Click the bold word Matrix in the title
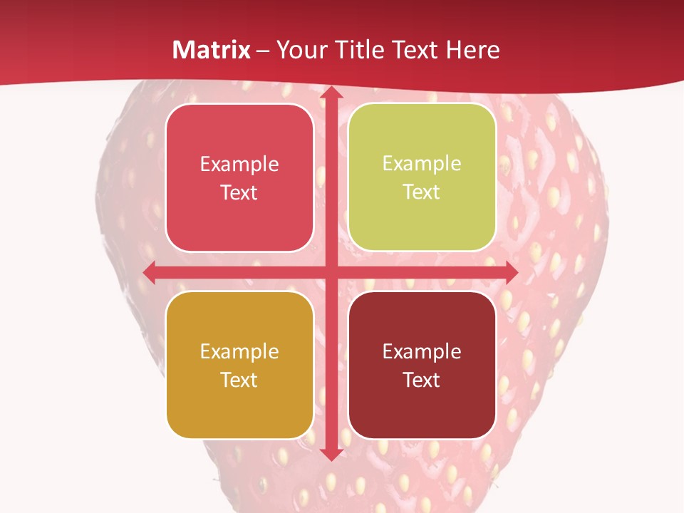tap(212, 50)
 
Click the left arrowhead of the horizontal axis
tap(150, 272)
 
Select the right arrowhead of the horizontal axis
tap(511, 272)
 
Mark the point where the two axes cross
tap(331, 272)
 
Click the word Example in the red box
tap(239, 165)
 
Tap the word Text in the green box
tap(422, 192)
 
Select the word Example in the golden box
tap(239, 352)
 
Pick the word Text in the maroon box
tap(422, 380)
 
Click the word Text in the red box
tap(239, 193)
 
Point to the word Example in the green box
tap(422, 164)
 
